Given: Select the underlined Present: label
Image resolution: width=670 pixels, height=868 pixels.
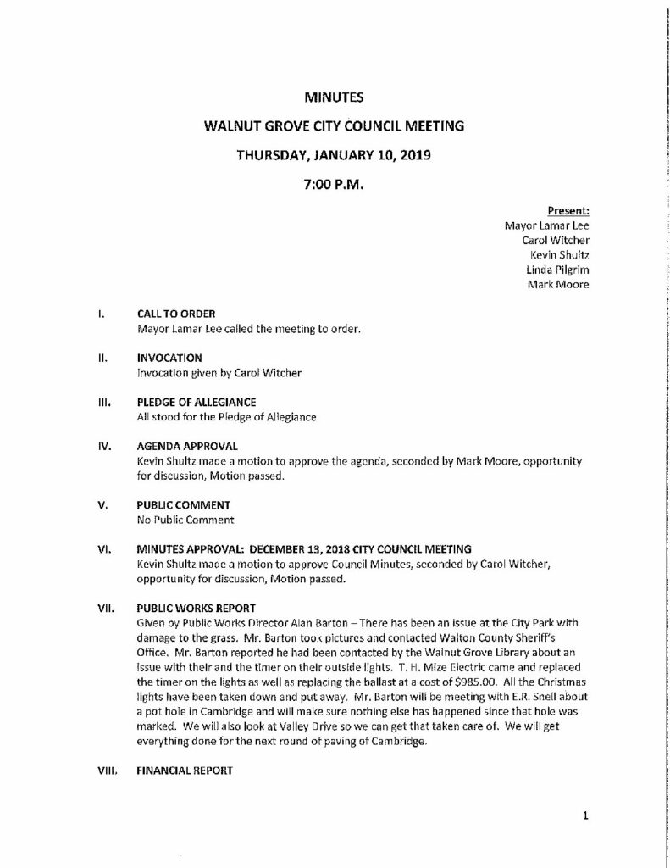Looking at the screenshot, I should click(x=568, y=211).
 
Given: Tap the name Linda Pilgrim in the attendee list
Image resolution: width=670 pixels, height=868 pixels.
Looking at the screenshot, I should click(x=557, y=270).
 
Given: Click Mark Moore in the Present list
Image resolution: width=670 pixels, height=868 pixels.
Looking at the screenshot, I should click(x=558, y=284).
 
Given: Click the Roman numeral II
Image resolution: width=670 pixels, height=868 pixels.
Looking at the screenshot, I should click(x=101, y=358).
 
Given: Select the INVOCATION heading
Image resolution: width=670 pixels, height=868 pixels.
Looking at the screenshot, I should click(x=166, y=358).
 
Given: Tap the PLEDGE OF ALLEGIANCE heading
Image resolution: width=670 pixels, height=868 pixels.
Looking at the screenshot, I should click(x=196, y=402).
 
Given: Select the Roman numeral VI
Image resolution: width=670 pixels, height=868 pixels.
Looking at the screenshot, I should click(x=102, y=548).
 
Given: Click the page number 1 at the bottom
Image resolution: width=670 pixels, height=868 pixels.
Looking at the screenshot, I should click(x=584, y=816).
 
